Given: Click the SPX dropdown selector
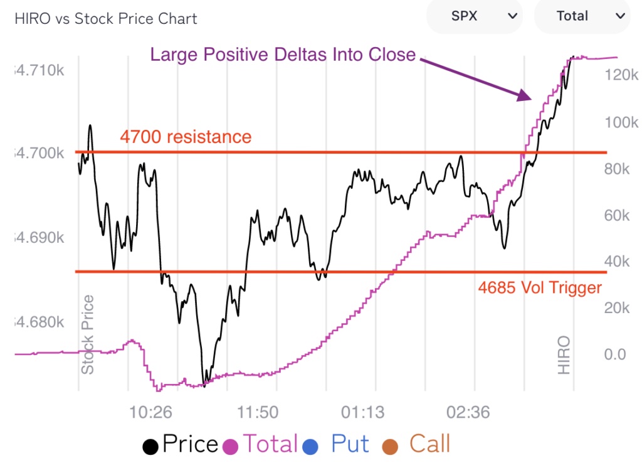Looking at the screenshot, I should click(474, 16).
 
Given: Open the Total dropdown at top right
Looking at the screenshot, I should click(581, 16).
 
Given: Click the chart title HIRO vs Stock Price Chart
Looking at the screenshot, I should click(105, 19).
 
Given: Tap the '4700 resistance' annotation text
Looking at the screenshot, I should click(186, 137).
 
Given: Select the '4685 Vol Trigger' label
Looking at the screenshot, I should click(540, 288).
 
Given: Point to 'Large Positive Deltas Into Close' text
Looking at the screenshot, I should click(283, 55).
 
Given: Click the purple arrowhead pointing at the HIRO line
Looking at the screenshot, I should click(525, 95).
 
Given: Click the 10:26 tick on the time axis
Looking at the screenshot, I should click(151, 413).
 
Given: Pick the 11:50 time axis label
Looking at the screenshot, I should click(258, 413).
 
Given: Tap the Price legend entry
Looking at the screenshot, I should click(181, 445).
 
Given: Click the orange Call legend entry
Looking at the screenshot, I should click(421, 445).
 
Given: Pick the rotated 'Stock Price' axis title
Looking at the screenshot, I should click(88, 334).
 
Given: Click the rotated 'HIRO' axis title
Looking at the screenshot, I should click(564, 355).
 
